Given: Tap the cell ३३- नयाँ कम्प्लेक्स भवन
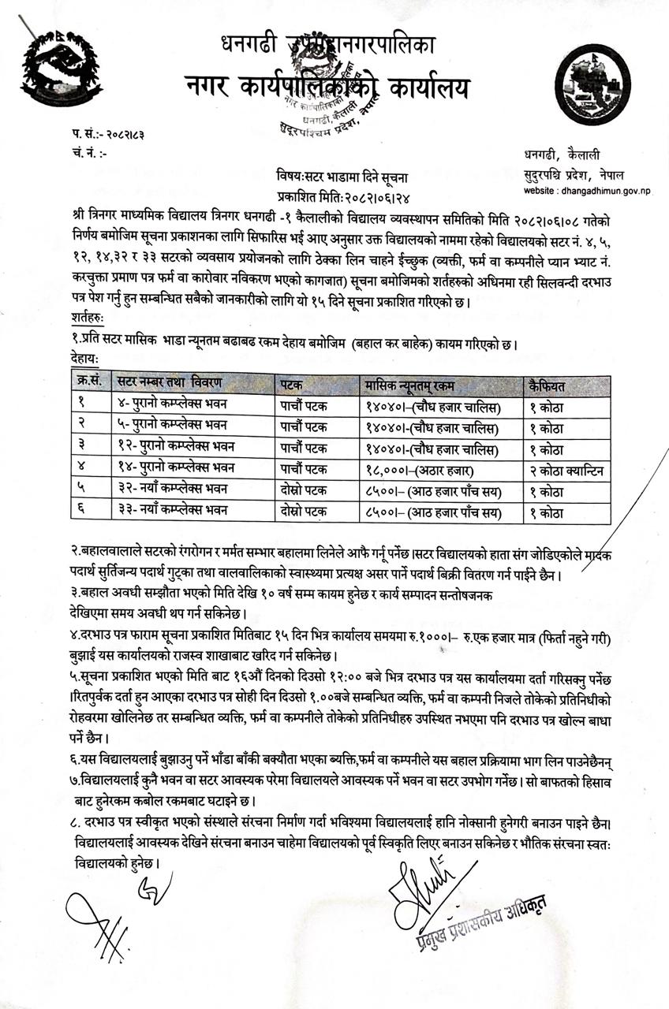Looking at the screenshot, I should point(170,511).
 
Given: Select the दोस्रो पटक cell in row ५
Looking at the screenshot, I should point(305,490).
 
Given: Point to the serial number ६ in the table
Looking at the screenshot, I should point(82,511).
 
